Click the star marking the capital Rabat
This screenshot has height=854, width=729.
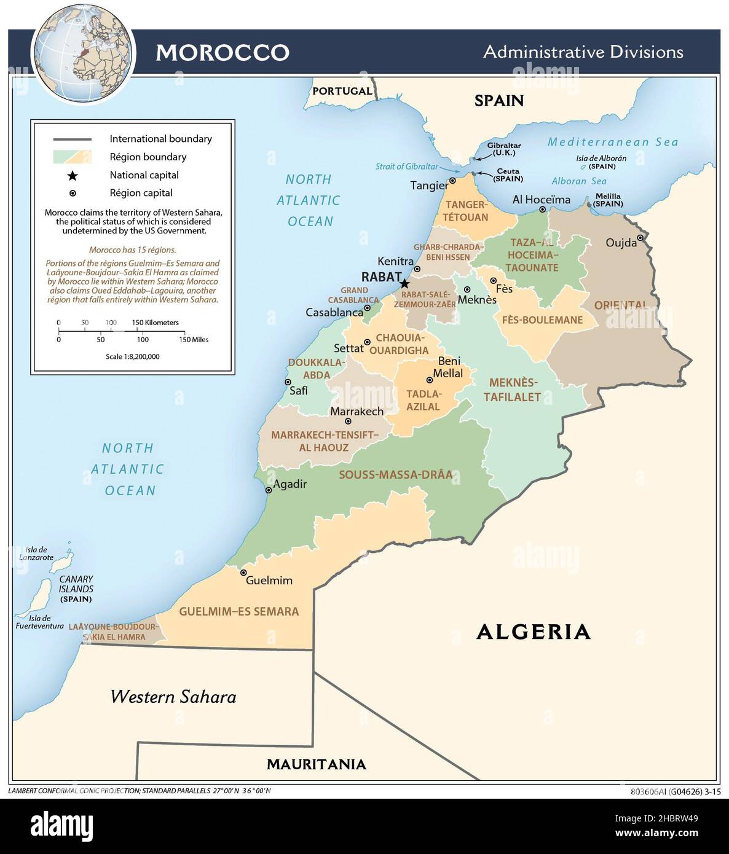click(x=404, y=283)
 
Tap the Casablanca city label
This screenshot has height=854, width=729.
click(x=334, y=312)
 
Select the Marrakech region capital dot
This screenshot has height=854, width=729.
click(x=348, y=421)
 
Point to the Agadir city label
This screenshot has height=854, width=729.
click(x=290, y=484)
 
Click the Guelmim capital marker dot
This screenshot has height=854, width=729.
click(x=243, y=572)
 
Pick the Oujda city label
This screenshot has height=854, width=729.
click(x=621, y=243)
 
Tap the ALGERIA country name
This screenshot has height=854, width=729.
click(x=533, y=632)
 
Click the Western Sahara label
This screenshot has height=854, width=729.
click(x=173, y=697)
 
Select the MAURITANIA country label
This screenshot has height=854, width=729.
click(x=316, y=764)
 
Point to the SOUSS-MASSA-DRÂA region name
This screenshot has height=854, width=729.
click(x=395, y=475)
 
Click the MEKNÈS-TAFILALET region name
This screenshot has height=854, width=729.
click(x=512, y=390)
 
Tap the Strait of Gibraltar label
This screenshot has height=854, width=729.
click(x=407, y=166)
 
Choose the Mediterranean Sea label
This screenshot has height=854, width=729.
click(x=612, y=142)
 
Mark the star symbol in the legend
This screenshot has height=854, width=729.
click(x=72, y=176)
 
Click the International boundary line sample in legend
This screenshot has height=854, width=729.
click(x=72, y=139)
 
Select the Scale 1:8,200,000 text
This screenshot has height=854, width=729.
click(x=132, y=356)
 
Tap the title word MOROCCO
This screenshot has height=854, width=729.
click(x=222, y=52)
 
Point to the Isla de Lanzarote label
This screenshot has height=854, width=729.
click(x=36, y=554)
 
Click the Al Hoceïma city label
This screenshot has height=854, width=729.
click(x=541, y=200)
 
